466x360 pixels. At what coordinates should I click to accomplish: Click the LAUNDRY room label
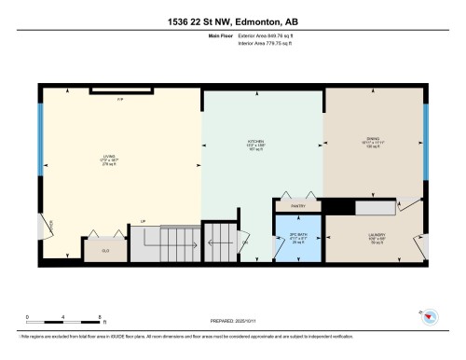(x=377, y=236)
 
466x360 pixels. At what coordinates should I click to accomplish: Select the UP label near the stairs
(x=143, y=221)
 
